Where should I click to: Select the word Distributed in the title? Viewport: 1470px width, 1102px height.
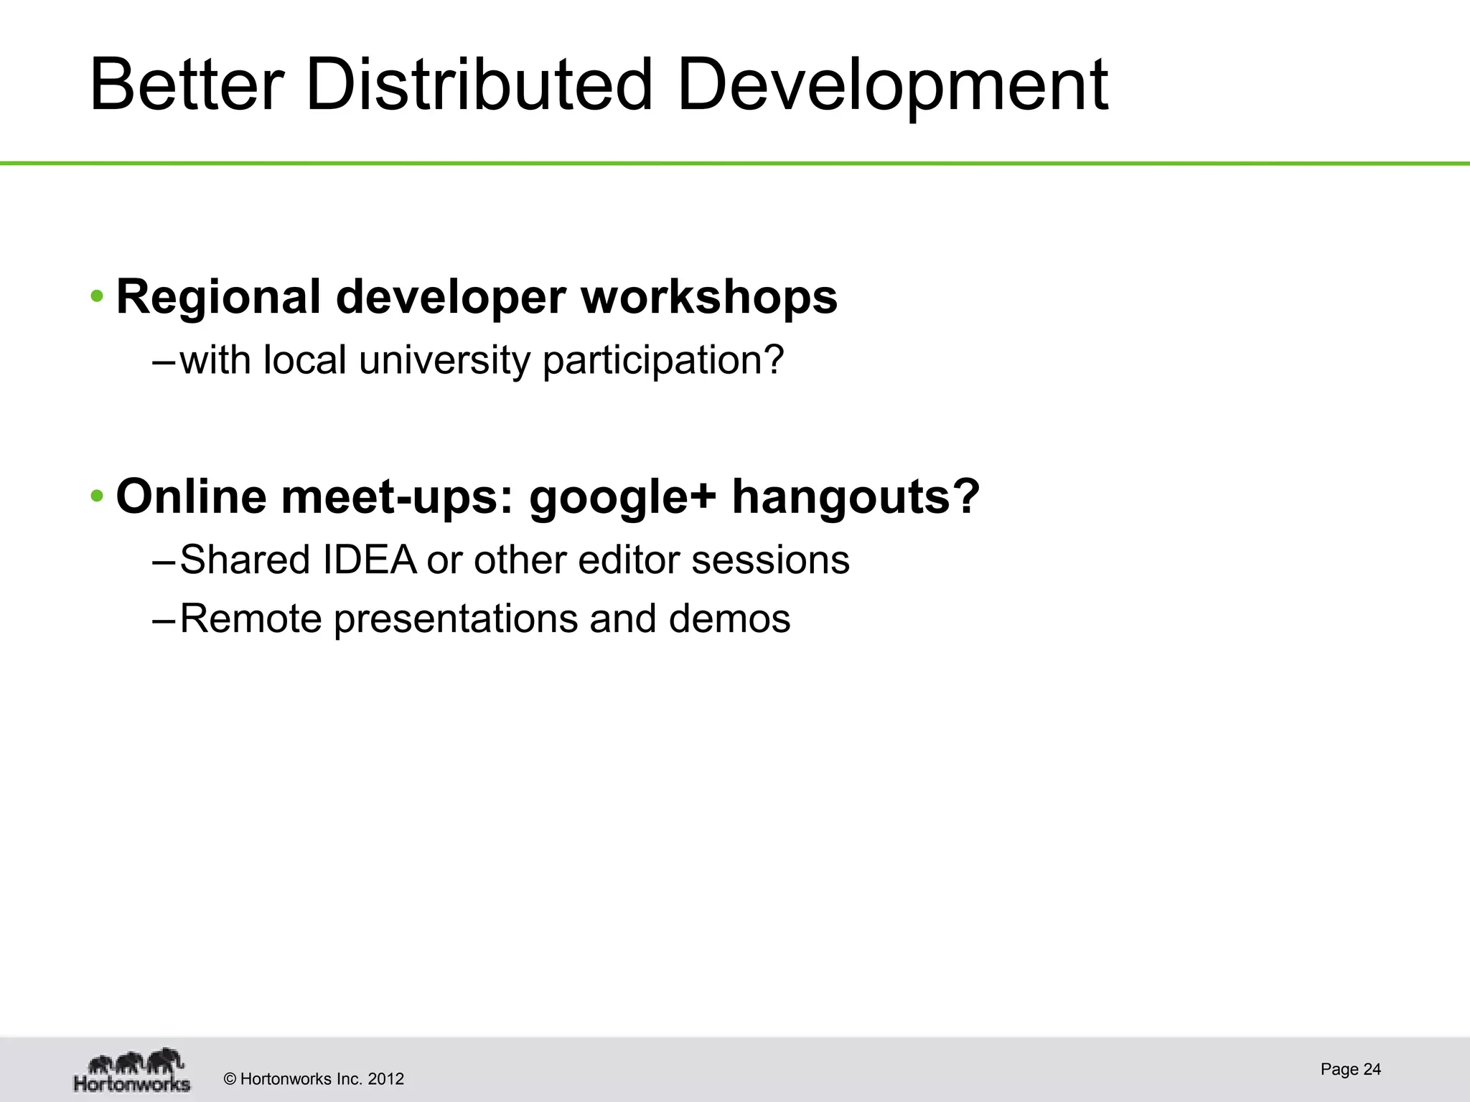(x=479, y=86)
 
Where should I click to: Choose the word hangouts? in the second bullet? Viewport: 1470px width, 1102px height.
(x=856, y=496)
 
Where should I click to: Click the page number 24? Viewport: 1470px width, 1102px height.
(x=1372, y=1069)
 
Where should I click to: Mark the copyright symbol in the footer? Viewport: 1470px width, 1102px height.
(x=230, y=1079)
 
